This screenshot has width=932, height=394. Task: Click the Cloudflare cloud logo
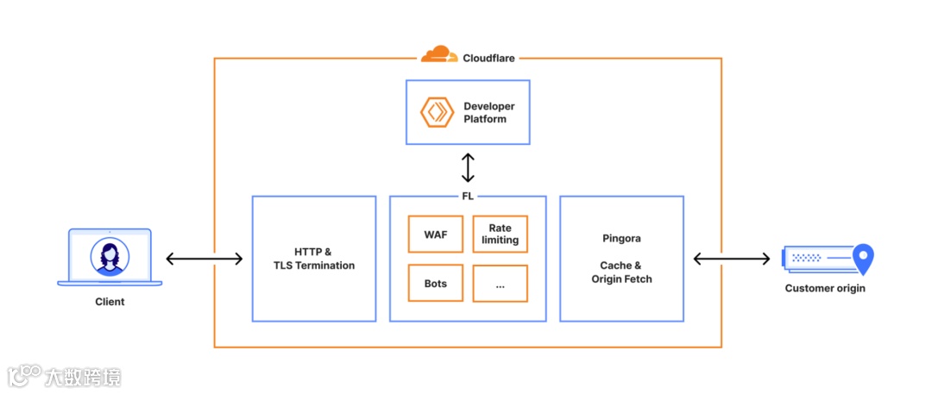click(x=439, y=55)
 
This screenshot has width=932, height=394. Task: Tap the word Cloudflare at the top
click(x=488, y=58)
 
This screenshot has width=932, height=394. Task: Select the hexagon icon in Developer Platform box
click(x=437, y=112)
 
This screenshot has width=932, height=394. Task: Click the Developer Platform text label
click(x=489, y=112)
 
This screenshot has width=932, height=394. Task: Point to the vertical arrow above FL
click(x=468, y=167)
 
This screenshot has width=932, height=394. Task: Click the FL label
click(x=468, y=196)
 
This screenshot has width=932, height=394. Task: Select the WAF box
click(x=436, y=235)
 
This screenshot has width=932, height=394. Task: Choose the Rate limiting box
click(x=500, y=235)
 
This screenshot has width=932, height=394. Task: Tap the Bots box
click(x=436, y=284)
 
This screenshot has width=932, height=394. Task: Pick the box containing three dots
click(x=500, y=284)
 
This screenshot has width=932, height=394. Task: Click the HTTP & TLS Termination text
click(x=313, y=259)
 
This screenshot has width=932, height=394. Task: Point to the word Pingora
click(x=621, y=237)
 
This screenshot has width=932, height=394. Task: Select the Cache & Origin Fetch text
click(x=621, y=272)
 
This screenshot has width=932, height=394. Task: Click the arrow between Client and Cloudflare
click(x=205, y=259)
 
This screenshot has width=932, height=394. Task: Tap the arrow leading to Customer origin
click(x=732, y=259)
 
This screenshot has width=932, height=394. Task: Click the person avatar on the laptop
click(x=110, y=257)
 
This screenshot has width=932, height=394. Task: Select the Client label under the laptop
click(x=110, y=302)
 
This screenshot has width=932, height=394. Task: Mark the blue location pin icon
click(x=863, y=258)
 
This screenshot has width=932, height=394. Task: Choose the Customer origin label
click(x=824, y=288)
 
